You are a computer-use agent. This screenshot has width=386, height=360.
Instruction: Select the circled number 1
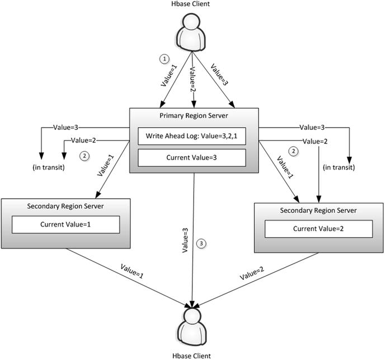[164, 58]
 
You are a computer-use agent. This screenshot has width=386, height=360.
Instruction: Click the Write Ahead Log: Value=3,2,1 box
[192, 136]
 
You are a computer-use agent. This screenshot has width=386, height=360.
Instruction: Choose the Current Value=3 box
[192, 158]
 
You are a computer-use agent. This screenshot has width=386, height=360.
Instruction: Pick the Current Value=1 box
[67, 225]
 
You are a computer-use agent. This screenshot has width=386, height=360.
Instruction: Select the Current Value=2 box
[319, 228]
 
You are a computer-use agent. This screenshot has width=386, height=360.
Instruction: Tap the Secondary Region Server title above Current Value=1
[67, 206]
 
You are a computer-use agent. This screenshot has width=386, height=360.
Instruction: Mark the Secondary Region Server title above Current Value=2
[319, 210]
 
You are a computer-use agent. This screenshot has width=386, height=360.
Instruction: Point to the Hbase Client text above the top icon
[192, 6]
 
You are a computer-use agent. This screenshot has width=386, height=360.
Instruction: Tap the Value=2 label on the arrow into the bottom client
[253, 273]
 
